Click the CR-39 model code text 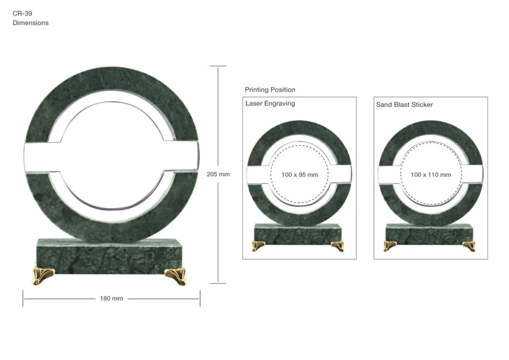(x=22, y=13)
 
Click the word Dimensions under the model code (x=30, y=23)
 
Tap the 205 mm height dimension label (x=218, y=175)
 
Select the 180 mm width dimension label (x=111, y=298)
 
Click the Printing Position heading (x=270, y=90)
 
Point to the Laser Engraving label (x=270, y=103)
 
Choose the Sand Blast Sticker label (x=405, y=104)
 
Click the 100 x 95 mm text (x=300, y=175)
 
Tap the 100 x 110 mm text (x=431, y=175)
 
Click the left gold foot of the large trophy (x=44, y=275)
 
